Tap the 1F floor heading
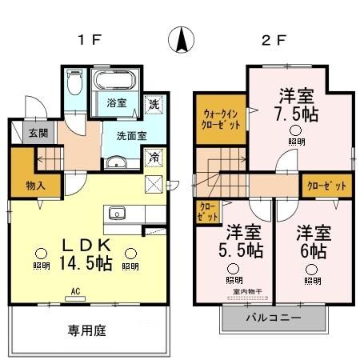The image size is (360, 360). pos(89,41)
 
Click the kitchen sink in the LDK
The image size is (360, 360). pos(117,214)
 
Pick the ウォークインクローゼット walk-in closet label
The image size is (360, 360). pos(219,118)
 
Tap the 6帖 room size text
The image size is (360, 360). pos(312,249)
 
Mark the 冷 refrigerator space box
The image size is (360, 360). pos(152,158)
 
